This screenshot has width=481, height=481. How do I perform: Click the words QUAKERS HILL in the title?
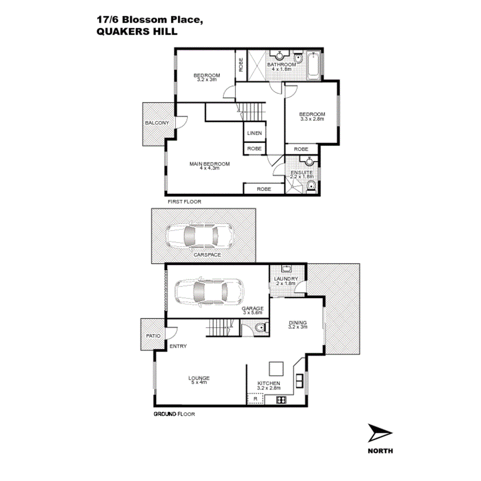tap(137, 31)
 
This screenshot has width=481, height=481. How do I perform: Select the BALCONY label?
tap(156, 123)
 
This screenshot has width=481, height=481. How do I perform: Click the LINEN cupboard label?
tap(254, 133)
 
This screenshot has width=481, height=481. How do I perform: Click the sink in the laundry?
tap(287, 269)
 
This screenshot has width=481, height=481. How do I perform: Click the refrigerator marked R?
tap(255, 398)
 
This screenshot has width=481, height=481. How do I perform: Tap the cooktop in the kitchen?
tap(281, 399)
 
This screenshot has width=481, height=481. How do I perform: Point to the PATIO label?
tap(153, 336)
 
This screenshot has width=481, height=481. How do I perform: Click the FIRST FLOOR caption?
tap(184, 202)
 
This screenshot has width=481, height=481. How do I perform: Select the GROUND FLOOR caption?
tap(174, 414)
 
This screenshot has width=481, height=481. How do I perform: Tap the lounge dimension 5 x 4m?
tap(199, 383)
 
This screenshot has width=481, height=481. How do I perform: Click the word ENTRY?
tap(178, 346)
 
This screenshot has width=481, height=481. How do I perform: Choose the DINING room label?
tap(298, 323)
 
